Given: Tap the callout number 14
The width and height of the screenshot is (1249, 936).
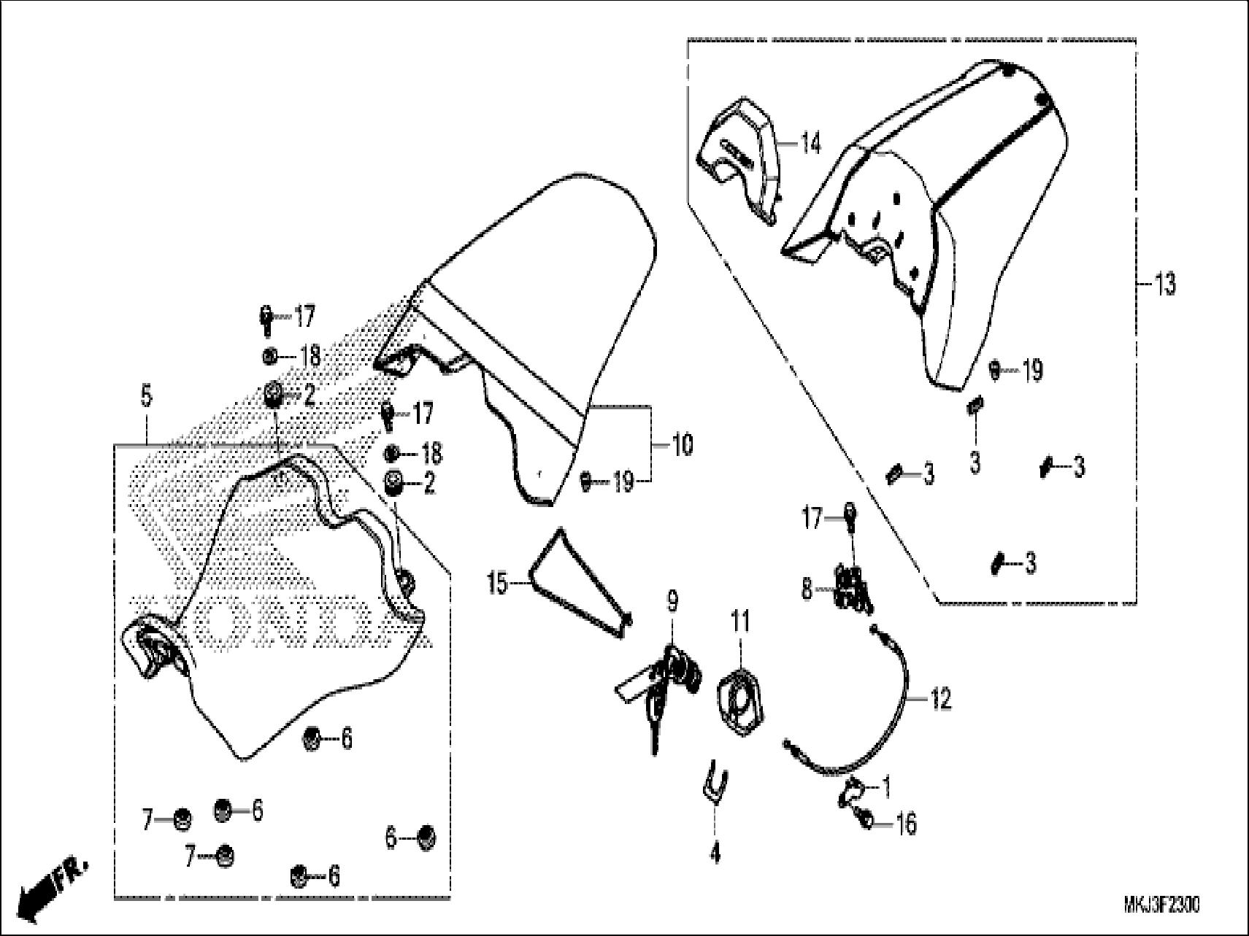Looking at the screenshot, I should click(810, 144).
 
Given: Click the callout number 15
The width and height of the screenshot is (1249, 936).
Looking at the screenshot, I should click(498, 584).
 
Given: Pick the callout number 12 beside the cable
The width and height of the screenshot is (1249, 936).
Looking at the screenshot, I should click(941, 700).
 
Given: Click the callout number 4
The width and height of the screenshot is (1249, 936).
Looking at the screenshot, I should click(715, 852).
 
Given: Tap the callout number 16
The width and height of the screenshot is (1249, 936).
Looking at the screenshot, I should click(905, 825).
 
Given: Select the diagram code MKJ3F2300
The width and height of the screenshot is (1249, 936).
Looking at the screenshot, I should click(1161, 905).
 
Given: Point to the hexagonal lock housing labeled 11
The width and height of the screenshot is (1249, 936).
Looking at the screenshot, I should click(743, 700).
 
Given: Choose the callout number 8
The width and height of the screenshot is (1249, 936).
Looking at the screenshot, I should click(807, 589).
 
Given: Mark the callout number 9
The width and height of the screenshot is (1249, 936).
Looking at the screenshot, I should click(672, 602).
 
